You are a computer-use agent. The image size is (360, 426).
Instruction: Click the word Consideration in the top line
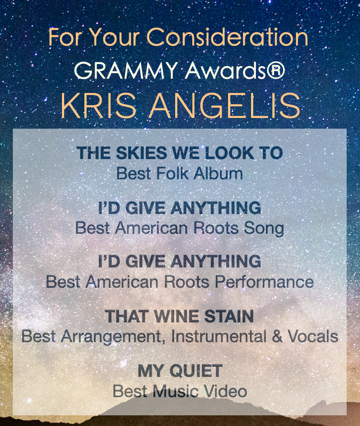point(228,37)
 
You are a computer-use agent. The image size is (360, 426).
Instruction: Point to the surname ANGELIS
point(225,106)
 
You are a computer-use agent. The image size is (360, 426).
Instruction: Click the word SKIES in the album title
point(141,153)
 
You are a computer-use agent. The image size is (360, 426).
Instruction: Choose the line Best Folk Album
point(179,173)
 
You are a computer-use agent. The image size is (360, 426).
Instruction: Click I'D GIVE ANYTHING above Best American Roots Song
point(179,208)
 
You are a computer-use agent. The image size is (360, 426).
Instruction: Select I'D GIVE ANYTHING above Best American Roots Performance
point(179,261)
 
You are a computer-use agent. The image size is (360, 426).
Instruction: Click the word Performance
point(264,282)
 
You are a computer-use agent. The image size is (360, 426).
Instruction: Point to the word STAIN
point(229,316)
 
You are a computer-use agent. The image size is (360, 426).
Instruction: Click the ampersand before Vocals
point(277,336)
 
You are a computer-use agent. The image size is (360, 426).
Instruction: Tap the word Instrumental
point(218,336)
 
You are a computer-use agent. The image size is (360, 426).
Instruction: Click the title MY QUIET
point(179,371)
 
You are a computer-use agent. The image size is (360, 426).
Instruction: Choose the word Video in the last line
point(225,391)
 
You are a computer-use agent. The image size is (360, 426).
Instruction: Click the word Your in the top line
point(114,37)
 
